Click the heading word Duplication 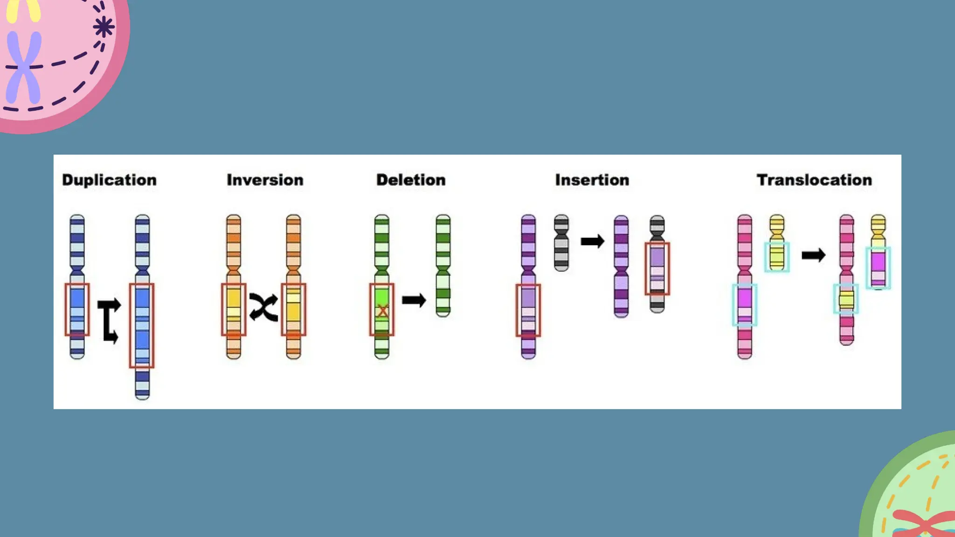tap(109, 180)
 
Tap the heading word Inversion tap(265, 180)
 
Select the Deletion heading tap(411, 180)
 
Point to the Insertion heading tap(592, 180)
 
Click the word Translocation tap(814, 180)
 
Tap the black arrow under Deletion tap(414, 300)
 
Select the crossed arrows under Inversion tap(263, 307)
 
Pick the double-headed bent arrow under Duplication tap(109, 321)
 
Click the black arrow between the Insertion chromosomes tap(592, 241)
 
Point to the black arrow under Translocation tap(813, 255)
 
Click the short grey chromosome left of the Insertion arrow tap(561, 242)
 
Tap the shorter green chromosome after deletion tap(443, 266)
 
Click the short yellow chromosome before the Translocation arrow tap(777, 242)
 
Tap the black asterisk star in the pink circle tap(103, 27)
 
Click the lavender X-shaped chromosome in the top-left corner tap(23, 68)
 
